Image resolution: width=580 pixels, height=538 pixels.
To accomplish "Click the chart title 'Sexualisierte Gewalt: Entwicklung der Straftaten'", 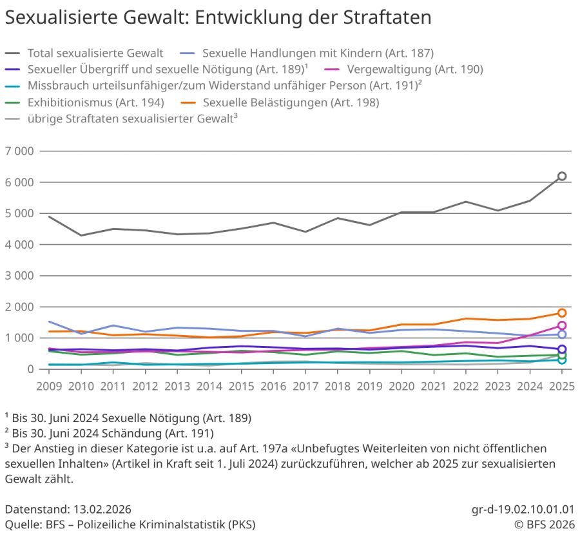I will point(218,17).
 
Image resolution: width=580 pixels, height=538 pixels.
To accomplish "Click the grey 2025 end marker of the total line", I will point(562,176).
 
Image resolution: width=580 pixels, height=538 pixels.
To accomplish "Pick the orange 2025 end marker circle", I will point(562,313).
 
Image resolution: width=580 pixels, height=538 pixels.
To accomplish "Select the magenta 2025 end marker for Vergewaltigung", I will point(562,325).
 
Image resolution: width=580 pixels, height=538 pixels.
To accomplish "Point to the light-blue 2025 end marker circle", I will point(562,334).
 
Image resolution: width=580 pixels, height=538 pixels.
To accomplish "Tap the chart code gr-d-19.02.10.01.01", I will point(523,508).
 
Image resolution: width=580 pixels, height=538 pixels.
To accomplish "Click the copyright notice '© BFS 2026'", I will point(545,524).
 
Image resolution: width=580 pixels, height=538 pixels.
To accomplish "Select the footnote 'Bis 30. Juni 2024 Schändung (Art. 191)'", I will point(112,433).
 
